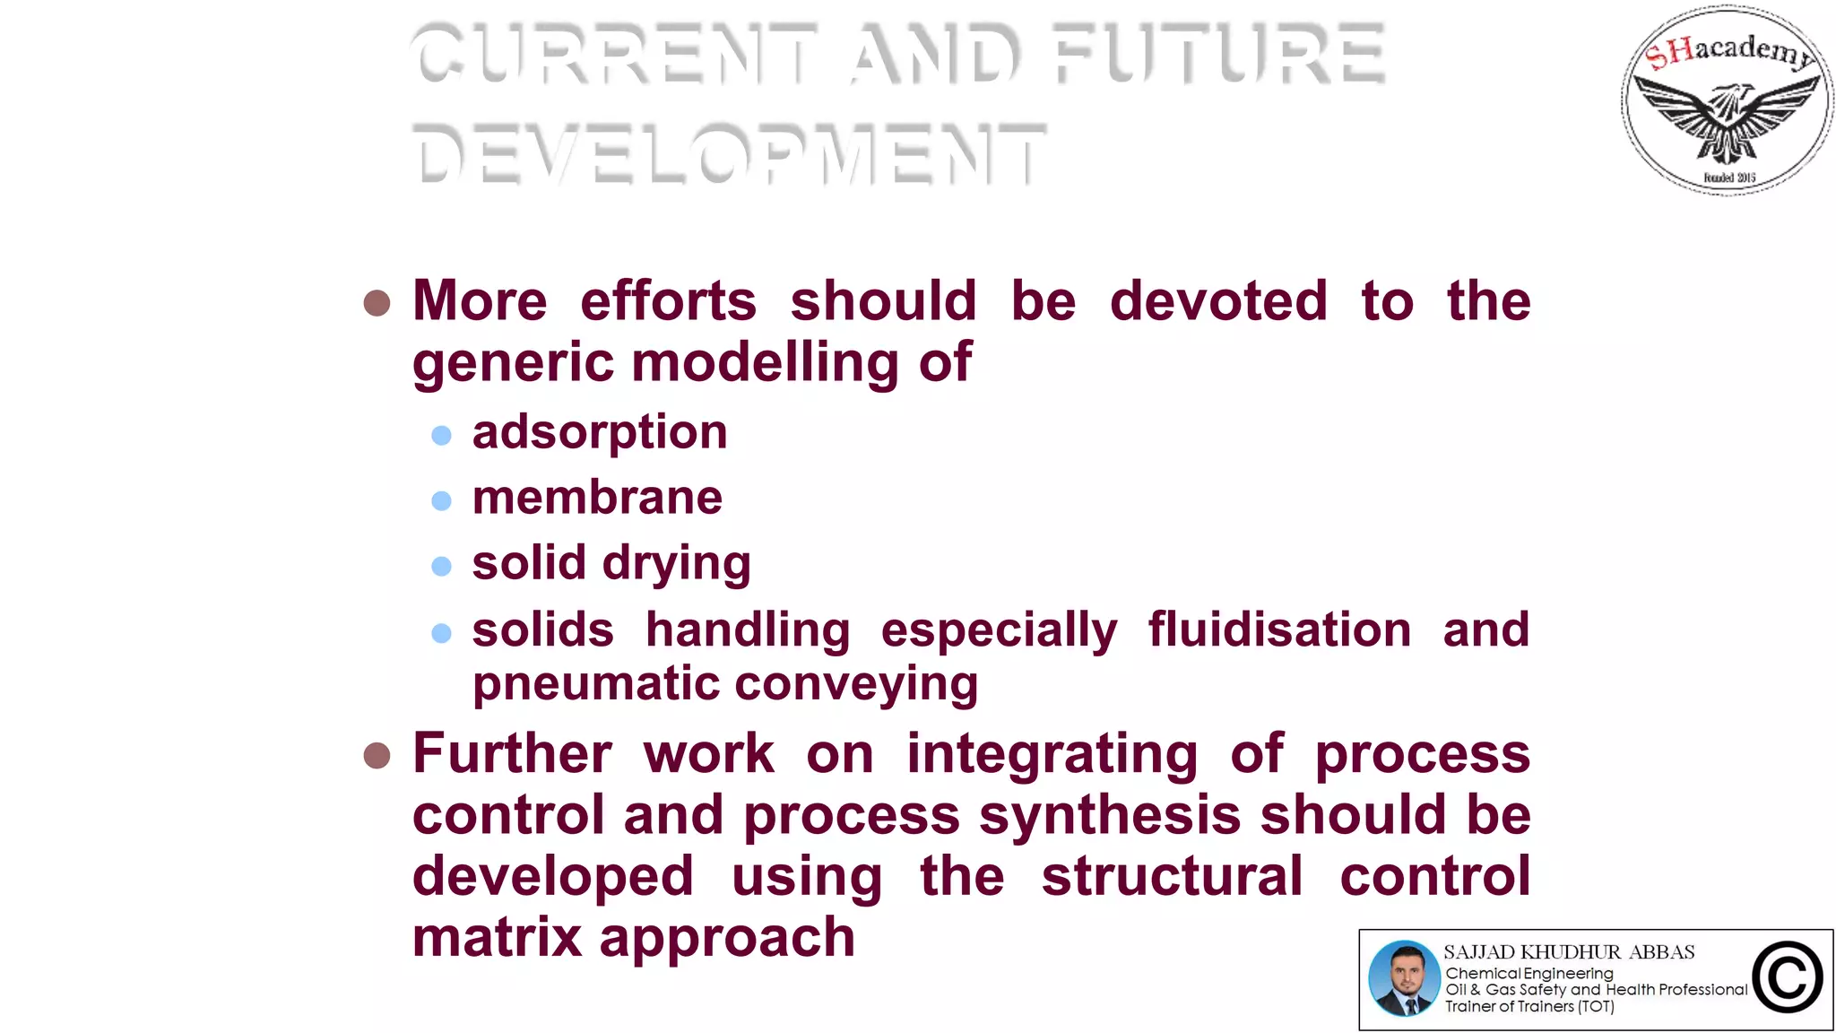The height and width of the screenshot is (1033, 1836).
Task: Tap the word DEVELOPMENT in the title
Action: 728,153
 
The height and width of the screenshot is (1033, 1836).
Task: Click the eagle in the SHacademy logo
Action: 1728,117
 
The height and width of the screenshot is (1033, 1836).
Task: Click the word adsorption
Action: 599,433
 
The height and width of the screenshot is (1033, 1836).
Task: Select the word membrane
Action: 597,498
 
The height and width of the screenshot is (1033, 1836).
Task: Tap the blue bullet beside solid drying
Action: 441,566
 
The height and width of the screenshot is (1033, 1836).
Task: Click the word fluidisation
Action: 1279,629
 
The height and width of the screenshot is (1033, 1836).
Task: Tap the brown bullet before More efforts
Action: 377,303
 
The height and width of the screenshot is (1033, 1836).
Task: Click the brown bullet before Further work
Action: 377,756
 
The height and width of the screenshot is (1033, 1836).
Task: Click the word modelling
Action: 765,362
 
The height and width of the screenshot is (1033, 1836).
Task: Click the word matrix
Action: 498,938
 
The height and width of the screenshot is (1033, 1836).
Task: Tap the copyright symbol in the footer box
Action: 1788,978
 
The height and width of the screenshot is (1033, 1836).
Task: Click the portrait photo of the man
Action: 1404,979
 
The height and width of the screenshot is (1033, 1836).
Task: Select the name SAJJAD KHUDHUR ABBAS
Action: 1569,952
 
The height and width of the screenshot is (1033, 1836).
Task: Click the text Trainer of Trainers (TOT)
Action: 1529,1007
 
